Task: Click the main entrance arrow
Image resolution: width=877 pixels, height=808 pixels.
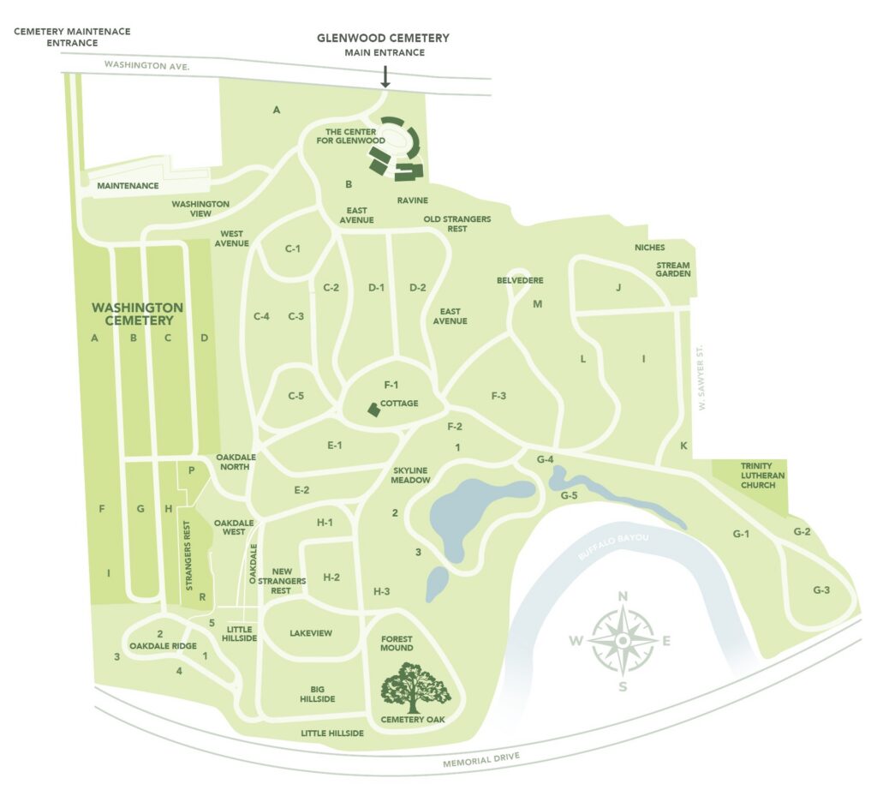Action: (x=385, y=76)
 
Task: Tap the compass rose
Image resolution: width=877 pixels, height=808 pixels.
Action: (x=623, y=639)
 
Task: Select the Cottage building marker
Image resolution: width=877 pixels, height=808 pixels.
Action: (x=373, y=410)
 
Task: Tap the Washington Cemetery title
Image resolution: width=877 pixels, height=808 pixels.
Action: (x=137, y=314)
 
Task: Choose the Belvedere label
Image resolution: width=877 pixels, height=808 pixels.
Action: (x=520, y=280)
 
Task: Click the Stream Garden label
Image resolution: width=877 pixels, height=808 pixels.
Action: (x=673, y=271)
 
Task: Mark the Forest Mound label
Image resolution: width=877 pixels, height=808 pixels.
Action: (x=397, y=642)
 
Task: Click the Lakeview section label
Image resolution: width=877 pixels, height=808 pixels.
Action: (x=311, y=633)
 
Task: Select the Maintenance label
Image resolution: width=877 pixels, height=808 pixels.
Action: (x=128, y=185)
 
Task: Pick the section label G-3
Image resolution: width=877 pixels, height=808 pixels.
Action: (x=821, y=590)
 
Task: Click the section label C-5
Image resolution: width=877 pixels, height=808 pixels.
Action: (x=296, y=396)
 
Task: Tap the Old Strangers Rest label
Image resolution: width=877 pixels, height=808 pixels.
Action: (x=457, y=224)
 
